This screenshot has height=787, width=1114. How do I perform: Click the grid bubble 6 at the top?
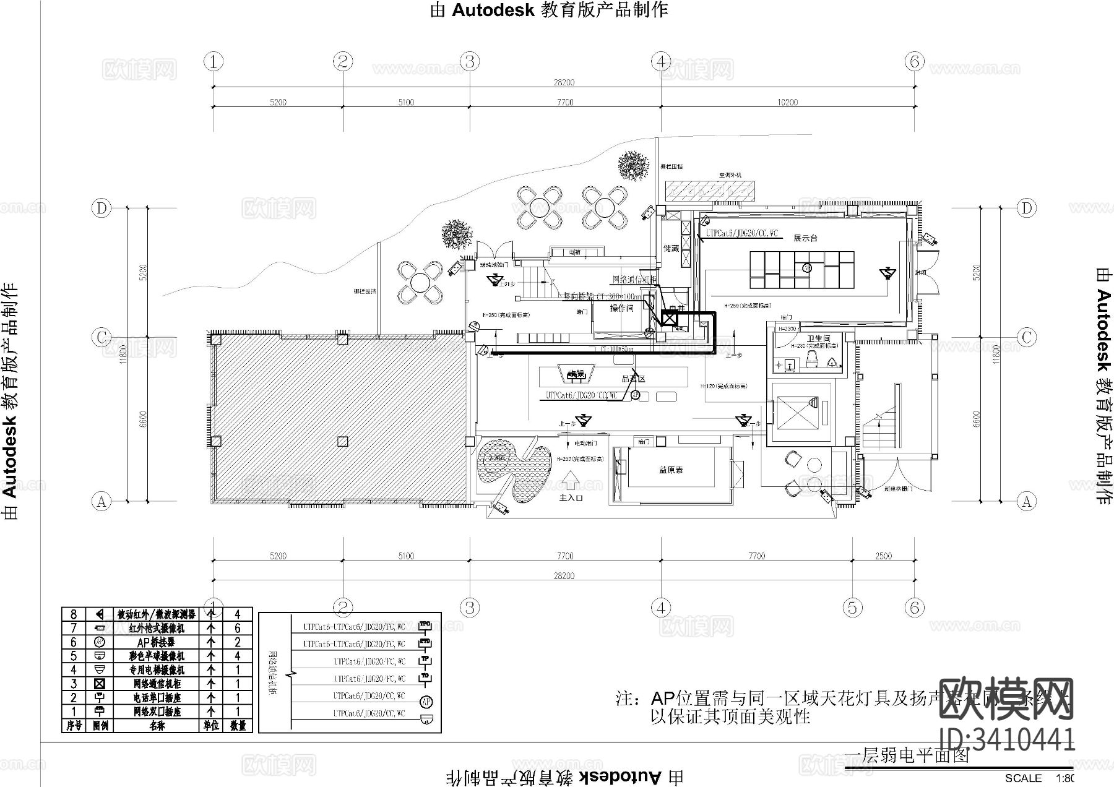[914, 61]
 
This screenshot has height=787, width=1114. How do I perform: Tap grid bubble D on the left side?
[101, 208]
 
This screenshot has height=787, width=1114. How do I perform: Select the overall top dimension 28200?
[564, 82]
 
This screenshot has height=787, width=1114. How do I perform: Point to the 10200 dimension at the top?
[787, 102]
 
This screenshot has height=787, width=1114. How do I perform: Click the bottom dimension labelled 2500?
[883, 556]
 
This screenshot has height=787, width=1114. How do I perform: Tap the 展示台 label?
[805, 238]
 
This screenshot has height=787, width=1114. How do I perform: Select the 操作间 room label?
[621, 308]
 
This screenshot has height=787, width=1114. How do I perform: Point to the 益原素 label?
[671, 470]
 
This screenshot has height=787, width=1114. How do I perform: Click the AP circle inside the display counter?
[806, 267]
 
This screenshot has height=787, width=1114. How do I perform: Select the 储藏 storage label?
[671, 249]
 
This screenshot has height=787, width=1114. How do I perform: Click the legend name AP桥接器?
[155, 642]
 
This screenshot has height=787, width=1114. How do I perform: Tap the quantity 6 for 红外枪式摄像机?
[238, 629]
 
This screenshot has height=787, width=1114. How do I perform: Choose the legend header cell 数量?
[238, 725]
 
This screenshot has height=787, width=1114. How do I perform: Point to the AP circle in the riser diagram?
[425, 702]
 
